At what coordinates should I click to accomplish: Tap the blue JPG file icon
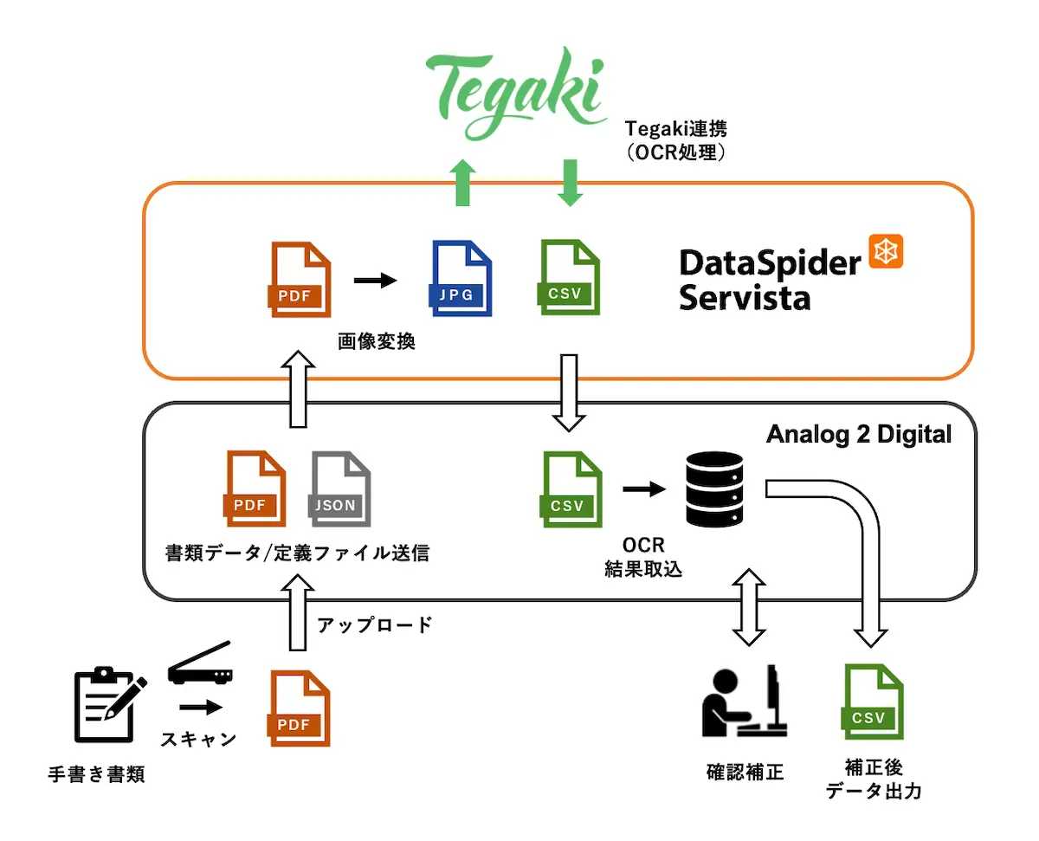coord(461,277)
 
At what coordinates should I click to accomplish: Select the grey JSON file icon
coord(340,488)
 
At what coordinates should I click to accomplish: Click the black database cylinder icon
coord(714,488)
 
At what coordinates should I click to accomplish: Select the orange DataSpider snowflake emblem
coord(885,251)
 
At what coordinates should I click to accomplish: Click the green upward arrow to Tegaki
coord(464,183)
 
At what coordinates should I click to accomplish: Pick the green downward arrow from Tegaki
coord(569,183)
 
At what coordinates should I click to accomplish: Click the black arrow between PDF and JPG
coord(374,280)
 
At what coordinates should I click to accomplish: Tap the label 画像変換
coord(377,342)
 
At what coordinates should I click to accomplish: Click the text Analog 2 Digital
coord(859,434)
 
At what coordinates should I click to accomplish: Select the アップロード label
coord(374,624)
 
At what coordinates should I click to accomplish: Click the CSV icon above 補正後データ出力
coord(873,702)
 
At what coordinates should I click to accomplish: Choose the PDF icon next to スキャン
coord(300,708)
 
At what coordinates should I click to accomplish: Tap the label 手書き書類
coord(96,774)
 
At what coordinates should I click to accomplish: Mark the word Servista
coord(745,298)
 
